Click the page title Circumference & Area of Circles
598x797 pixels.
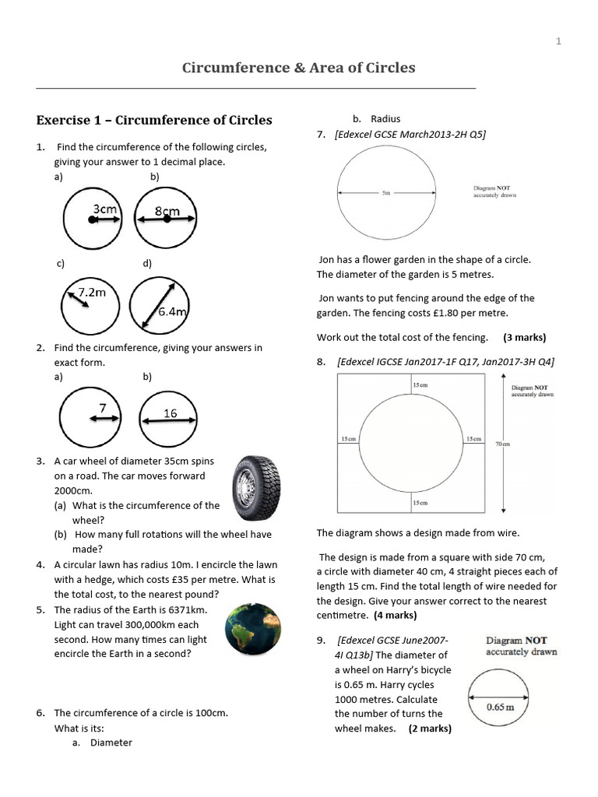tap(298, 68)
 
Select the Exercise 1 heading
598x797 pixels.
tap(154, 120)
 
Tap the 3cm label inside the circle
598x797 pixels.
tap(105, 209)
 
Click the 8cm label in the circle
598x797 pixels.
tap(167, 211)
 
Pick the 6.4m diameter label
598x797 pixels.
tap(174, 311)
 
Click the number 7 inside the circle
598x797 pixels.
tap(102, 408)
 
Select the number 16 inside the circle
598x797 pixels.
tap(171, 413)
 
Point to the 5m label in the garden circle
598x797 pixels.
tap(386, 194)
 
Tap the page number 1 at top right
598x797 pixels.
tap(558, 41)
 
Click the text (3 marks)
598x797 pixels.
tap(524, 337)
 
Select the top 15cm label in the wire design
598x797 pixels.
tap(419, 384)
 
